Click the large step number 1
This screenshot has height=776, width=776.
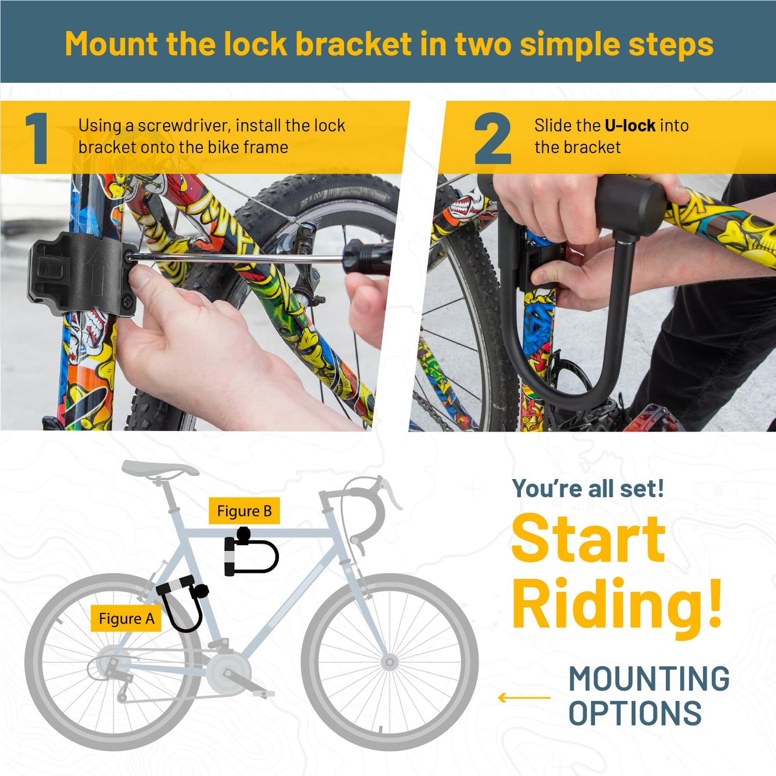[x=37, y=138]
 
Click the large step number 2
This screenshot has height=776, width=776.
[x=492, y=138]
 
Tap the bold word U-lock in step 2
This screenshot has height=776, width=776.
[x=630, y=126]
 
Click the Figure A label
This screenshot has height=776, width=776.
[x=126, y=618]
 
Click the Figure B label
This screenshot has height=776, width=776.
[x=244, y=511]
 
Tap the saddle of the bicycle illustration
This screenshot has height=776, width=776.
[x=160, y=468]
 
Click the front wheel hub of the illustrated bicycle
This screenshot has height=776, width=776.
[x=389, y=662]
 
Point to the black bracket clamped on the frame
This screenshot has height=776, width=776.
[x=82, y=273]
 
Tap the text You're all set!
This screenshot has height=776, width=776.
[x=588, y=489]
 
